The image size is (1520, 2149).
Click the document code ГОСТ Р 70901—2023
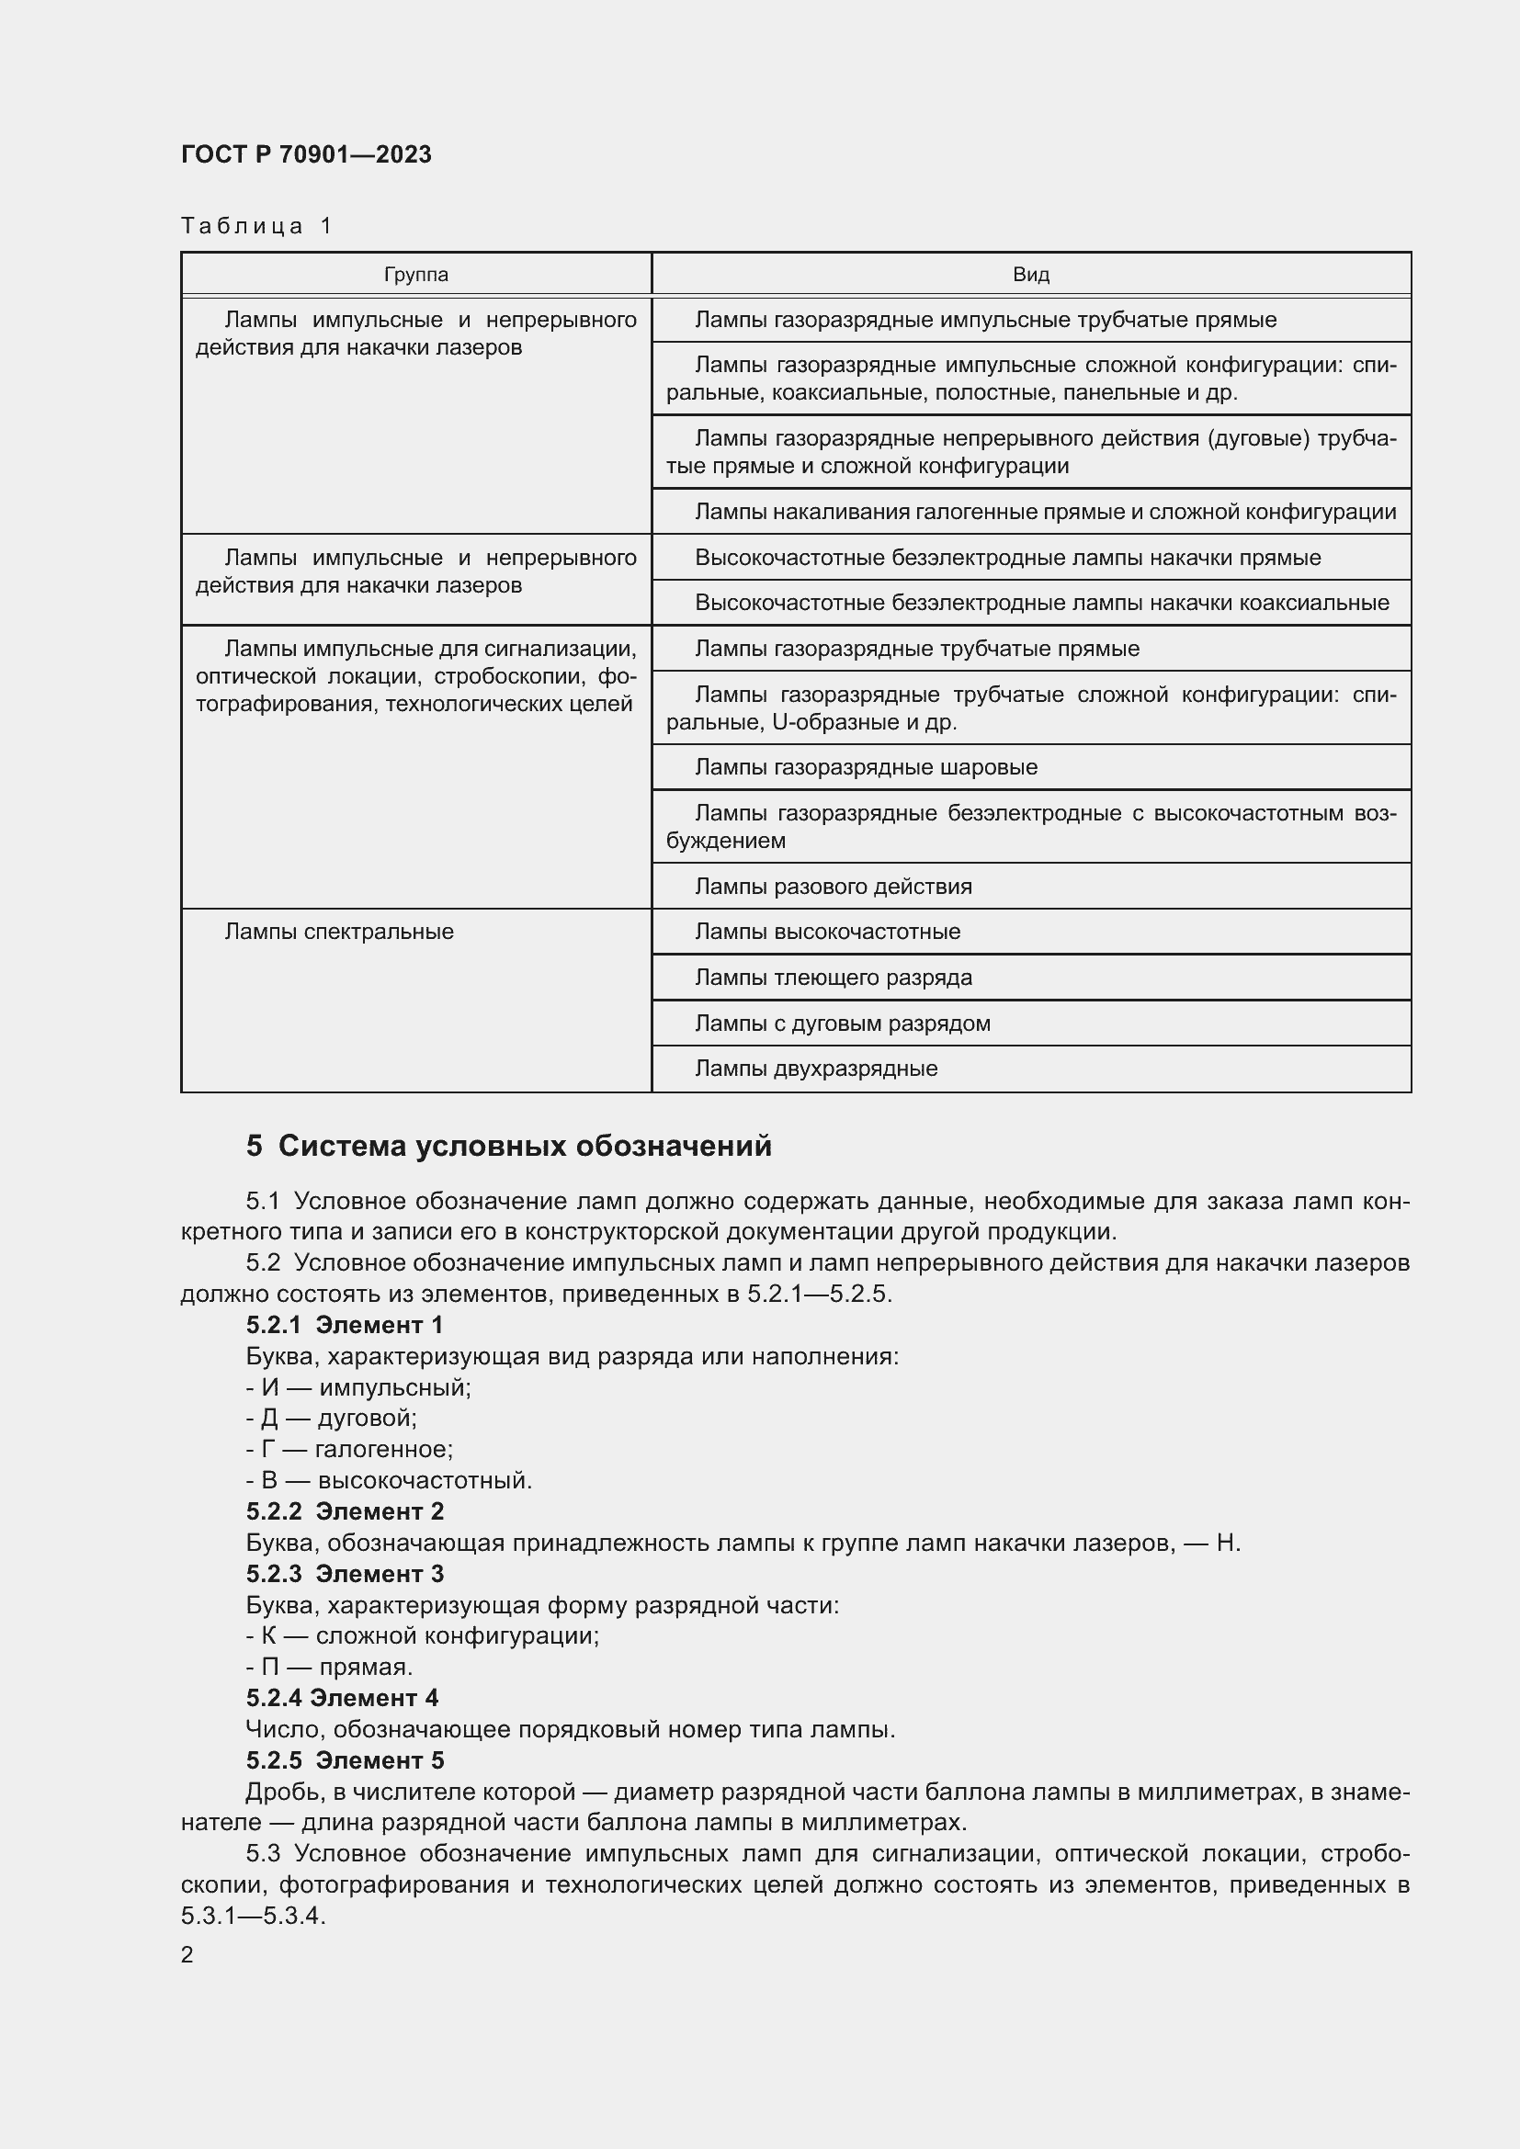point(306,154)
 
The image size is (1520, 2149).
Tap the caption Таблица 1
point(256,226)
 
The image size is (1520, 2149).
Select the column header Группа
point(415,274)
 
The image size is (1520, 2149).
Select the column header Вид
point(1030,274)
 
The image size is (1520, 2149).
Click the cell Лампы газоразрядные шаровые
point(866,767)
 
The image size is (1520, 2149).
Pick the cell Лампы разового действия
point(833,887)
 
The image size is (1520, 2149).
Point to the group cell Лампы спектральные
point(339,932)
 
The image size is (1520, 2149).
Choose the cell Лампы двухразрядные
point(815,1068)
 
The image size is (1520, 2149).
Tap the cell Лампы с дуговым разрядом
point(843,1023)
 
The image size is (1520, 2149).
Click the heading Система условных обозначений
point(524,1146)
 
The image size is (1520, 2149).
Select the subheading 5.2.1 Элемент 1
point(345,1325)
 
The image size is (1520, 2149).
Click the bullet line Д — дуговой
point(332,1418)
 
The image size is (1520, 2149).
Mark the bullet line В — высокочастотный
point(389,1481)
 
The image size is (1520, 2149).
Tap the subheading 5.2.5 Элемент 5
point(345,1760)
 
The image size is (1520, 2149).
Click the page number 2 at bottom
point(187,1954)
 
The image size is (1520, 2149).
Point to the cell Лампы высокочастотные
point(827,932)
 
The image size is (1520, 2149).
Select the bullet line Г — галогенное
point(349,1449)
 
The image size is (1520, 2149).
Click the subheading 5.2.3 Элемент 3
point(345,1573)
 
